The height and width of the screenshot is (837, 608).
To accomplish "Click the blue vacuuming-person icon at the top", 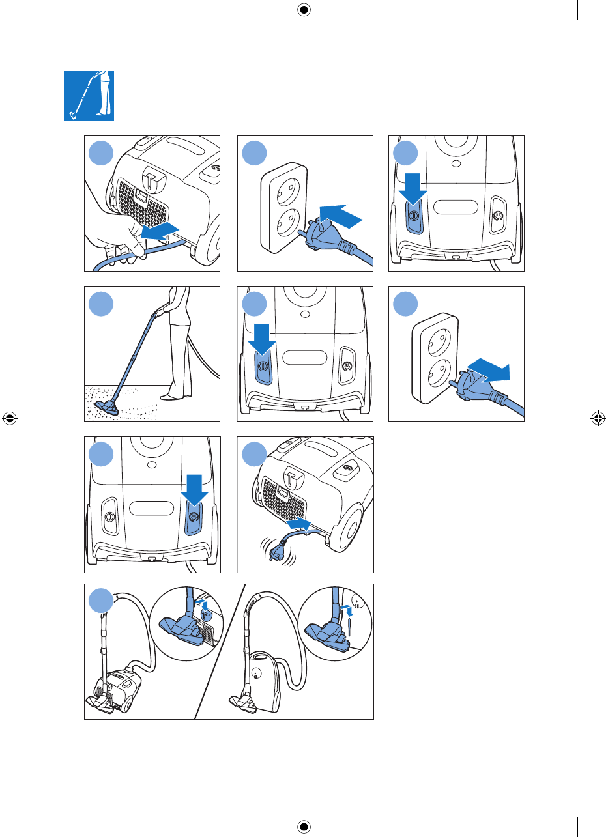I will pos(89,96).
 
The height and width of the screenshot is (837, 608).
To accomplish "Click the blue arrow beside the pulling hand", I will pos(159,229).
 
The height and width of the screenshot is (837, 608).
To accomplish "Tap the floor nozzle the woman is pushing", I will pos(108,407).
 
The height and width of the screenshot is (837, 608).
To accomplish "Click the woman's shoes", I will pos(173,395).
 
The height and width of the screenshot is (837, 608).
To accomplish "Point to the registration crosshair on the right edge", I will pos(598,418).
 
